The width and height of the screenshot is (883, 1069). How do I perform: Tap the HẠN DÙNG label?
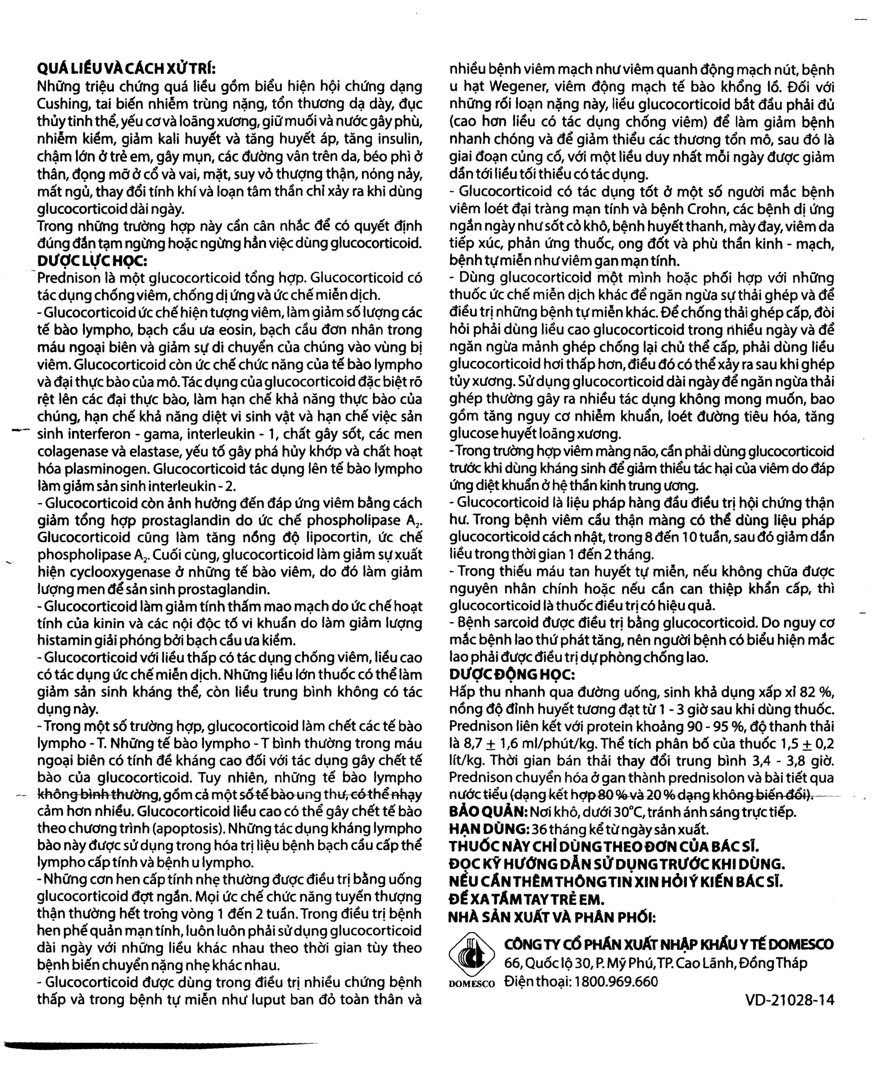click(488, 829)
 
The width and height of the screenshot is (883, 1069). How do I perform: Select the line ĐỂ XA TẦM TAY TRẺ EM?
click(526, 899)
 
